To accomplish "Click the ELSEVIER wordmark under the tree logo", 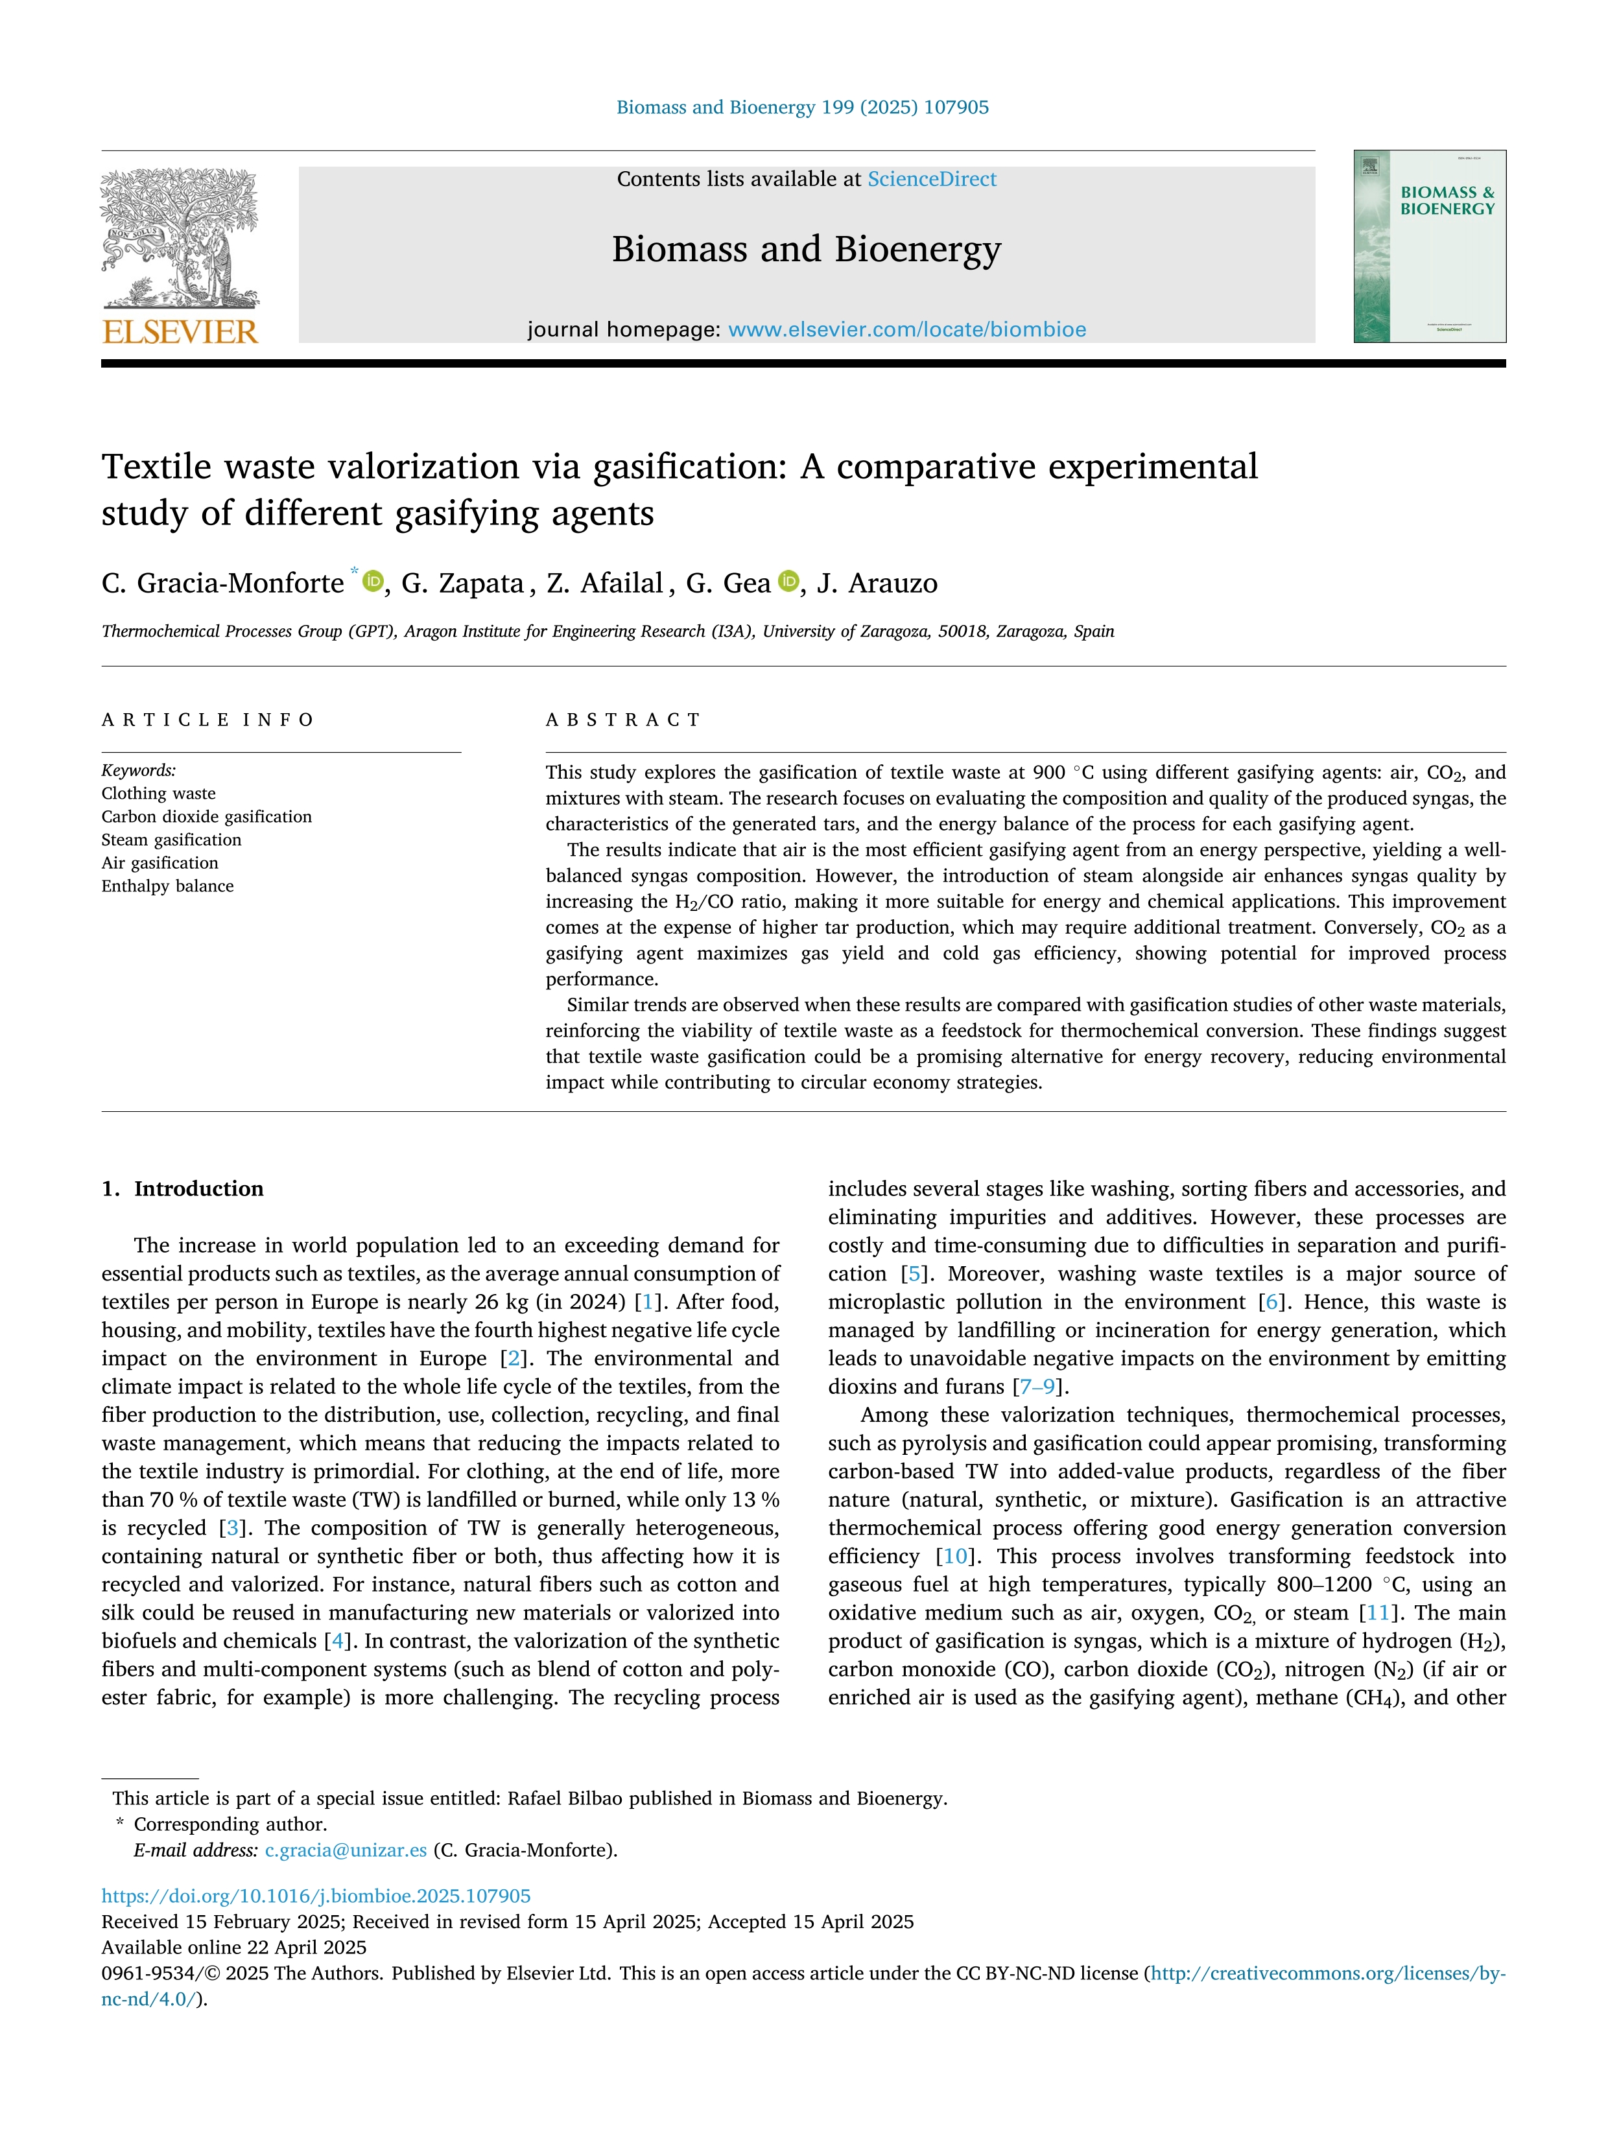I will pos(180,333).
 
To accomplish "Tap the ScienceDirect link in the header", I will pos(932,180).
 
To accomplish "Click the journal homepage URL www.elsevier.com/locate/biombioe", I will pos(906,329).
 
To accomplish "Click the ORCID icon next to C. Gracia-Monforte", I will pos(372,581).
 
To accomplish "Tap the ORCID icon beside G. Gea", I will pos(789,581).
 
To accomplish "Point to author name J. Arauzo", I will pos(877,583).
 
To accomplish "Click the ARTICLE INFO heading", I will pos(207,719).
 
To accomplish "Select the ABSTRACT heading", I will pos(623,719).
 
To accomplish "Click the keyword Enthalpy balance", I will pos(168,886).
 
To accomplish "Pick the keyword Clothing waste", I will pos(159,793).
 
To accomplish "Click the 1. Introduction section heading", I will pos(183,1188).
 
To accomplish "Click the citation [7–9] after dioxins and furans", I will pos(1039,1386).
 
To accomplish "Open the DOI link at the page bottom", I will pos(316,1896).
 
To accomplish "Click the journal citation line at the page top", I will pos(803,108).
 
